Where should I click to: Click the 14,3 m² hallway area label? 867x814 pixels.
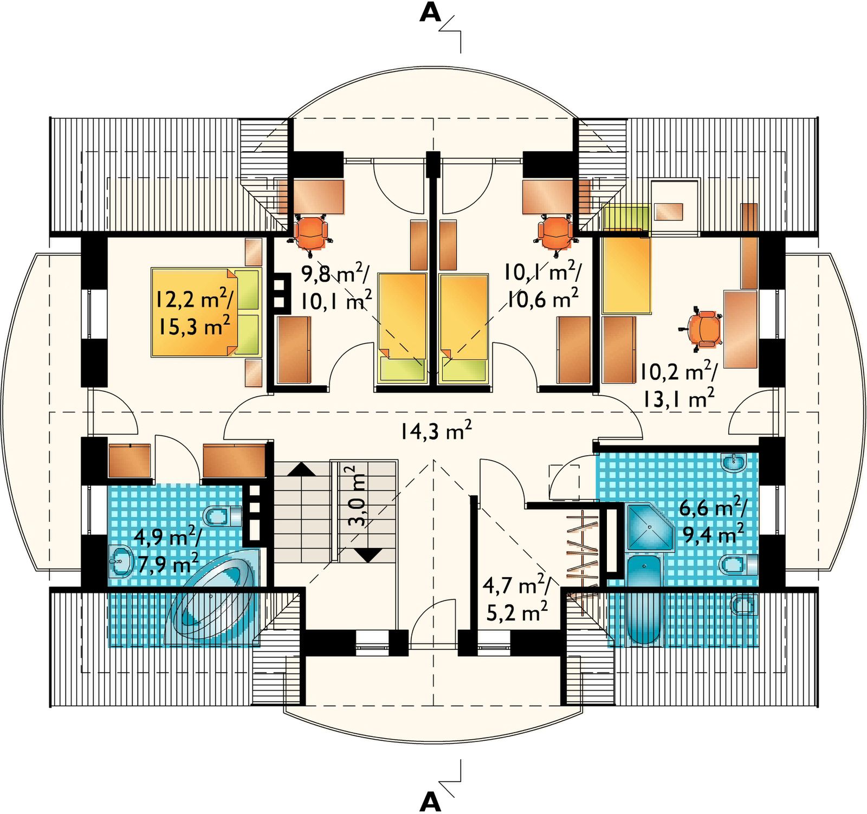(436, 431)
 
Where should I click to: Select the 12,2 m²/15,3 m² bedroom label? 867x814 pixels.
(194, 313)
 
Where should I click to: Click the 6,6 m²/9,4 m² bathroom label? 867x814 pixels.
(713, 521)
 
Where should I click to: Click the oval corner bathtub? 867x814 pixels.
(211, 604)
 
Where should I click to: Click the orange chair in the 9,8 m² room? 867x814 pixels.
(310, 232)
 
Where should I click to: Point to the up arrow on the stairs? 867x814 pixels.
(301, 469)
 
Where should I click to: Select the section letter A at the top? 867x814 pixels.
(430, 14)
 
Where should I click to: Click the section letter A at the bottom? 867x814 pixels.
(430, 801)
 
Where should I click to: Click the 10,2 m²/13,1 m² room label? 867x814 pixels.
(678, 385)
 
